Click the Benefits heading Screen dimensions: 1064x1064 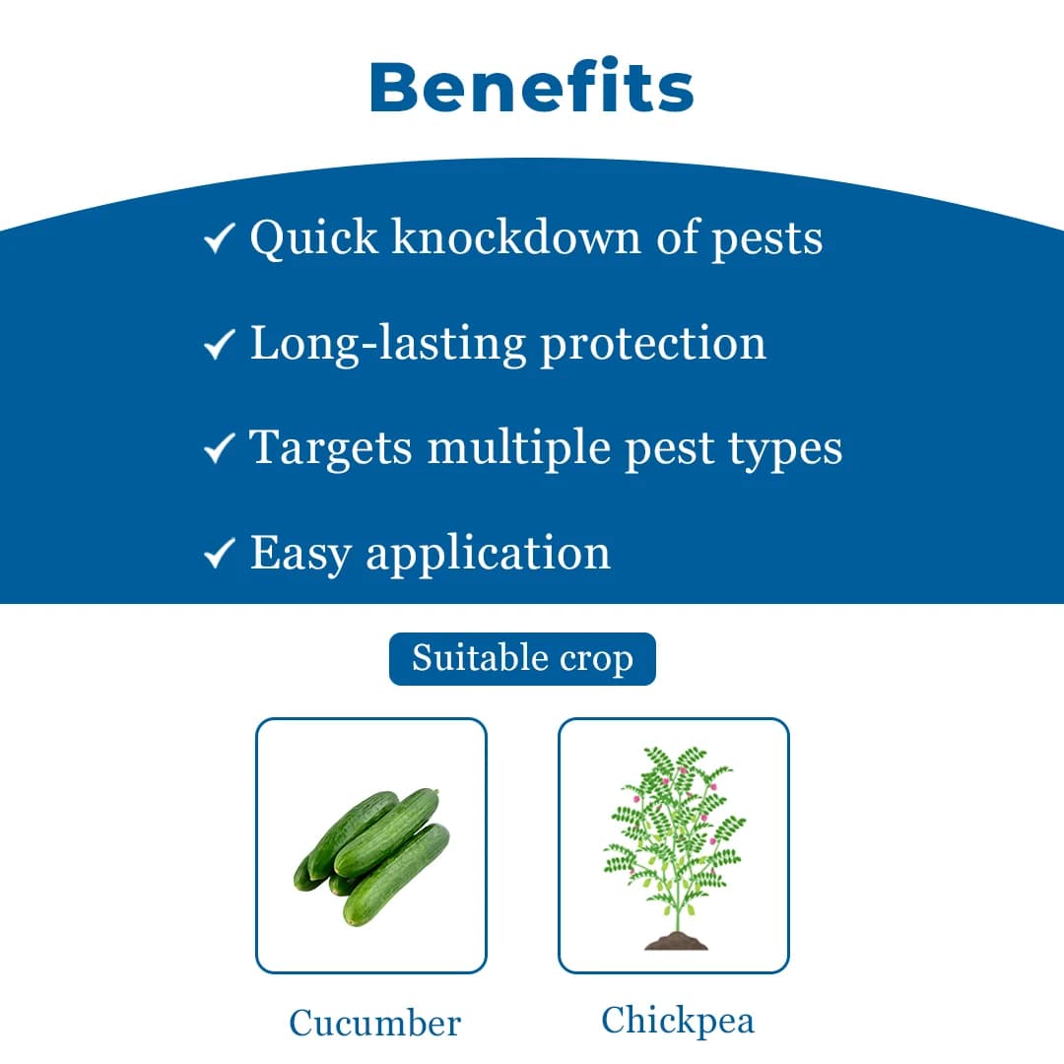tap(532, 87)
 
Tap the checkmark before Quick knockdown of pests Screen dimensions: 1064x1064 tap(218, 238)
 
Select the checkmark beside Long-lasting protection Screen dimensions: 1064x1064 tap(218, 344)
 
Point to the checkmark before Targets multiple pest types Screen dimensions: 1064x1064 tap(218, 449)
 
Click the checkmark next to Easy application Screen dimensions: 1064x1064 tap(218, 554)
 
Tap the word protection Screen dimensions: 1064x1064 tap(653, 344)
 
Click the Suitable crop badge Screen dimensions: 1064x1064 tap(522, 658)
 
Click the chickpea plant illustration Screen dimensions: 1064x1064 tap(674, 842)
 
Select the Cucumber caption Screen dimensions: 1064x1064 tap(374, 1023)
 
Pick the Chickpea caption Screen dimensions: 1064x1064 tap(678, 1020)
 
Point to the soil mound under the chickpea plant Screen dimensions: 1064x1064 tap(676, 942)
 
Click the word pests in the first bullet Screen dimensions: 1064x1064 tap(767, 239)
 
